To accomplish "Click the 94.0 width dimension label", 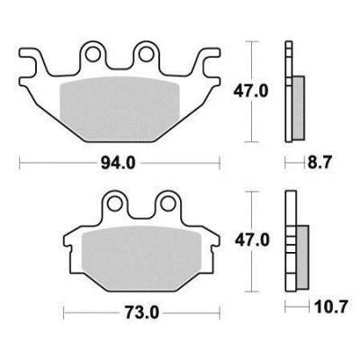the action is [x=118, y=164].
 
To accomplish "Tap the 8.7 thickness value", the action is [x=319, y=164].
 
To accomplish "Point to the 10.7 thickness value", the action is [x=331, y=307].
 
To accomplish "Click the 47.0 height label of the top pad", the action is [x=251, y=91].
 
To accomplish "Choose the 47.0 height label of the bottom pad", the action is [x=252, y=240].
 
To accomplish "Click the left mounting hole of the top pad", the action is [x=93, y=55].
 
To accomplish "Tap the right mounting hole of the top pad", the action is [x=146, y=55].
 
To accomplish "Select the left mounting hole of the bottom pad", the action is [x=114, y=204].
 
